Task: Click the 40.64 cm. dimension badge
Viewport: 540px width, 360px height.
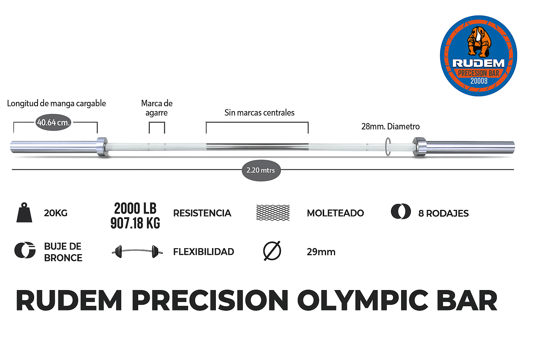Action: tap(53, 122)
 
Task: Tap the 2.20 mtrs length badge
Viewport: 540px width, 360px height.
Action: tap(261, 170)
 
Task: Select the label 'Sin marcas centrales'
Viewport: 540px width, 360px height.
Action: tap(259, 112)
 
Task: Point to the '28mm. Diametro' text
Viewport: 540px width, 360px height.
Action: tap(390, 127)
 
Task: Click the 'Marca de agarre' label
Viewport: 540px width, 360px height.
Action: tap(157, 108)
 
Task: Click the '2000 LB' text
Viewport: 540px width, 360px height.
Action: tap(135, 208)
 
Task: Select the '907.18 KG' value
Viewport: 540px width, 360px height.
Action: tap(135, 223)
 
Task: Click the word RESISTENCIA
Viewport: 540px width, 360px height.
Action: tap(202, 213)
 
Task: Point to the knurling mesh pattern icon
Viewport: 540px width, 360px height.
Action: tap(273, 213)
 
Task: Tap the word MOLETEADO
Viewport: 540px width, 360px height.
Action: tap(335, 213)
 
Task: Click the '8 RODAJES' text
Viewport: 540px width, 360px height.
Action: tap(443, 213)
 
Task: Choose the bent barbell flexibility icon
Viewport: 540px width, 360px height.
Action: tap(137, 252)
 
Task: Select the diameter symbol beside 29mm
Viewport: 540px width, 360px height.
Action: tap(272, 251)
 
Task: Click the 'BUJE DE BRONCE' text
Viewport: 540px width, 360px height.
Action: tap(63, 252)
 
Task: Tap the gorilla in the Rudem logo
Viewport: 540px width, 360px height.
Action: tap(479, 41)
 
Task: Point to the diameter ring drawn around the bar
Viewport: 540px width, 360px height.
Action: tap(388, 147)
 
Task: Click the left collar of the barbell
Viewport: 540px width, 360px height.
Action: tap(102, 147)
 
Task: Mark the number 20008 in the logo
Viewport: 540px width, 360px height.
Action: tap(479, 81)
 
